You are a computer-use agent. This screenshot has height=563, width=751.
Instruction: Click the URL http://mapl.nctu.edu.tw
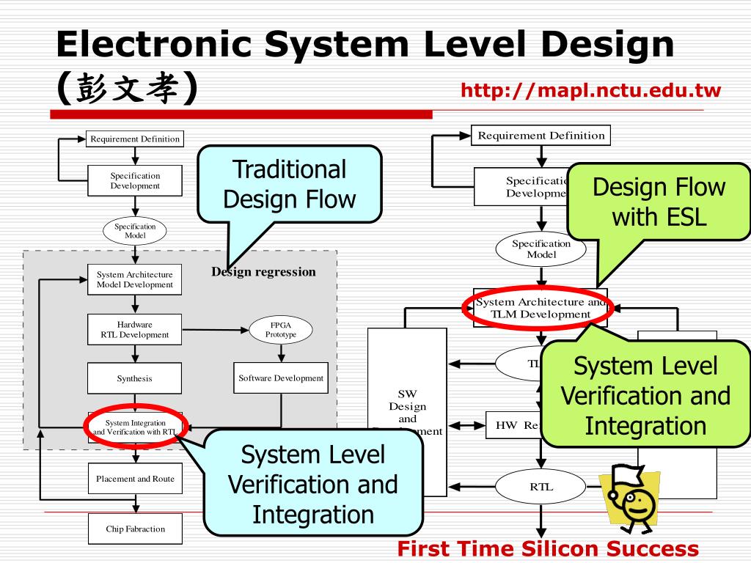(590, 91)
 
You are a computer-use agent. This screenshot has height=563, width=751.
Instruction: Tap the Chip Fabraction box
(135, 529)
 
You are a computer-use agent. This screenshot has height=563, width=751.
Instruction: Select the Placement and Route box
(135, 479)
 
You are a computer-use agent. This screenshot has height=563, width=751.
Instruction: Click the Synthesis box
(135, 378)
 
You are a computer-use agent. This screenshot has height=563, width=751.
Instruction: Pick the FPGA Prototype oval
(281, 329)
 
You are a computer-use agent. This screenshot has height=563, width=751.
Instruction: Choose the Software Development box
(281, 378)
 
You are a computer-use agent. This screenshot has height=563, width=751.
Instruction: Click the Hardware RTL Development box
(135, 329)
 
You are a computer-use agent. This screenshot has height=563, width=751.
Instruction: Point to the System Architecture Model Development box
(135, 279)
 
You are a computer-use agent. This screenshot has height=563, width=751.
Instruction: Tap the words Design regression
(264, 272)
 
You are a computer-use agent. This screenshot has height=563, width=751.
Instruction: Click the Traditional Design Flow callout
(289, 184)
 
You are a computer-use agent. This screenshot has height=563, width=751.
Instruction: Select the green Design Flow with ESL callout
(659, 202)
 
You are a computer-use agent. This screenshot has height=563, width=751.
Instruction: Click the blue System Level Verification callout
(313, 484)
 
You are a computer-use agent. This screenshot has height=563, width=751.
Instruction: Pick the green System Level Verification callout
(645, 396)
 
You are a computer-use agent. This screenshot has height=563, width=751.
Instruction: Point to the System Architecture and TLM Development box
(540, 308)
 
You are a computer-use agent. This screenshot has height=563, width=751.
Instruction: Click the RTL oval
(541, 487)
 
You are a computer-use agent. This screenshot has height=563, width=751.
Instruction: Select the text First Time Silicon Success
(548, 549)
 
